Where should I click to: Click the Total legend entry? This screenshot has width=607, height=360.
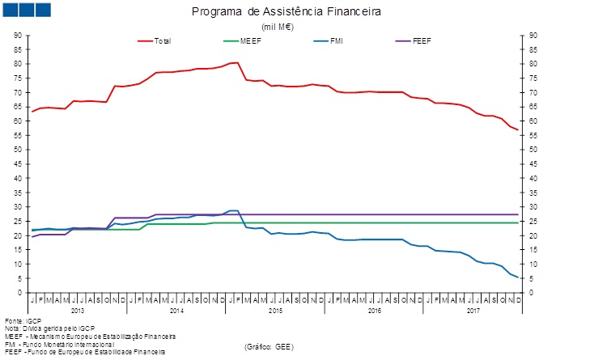pyautogui.click(x=162, y=40)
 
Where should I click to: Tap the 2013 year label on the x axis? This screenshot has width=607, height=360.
pyautogui.click(x=78, y=311)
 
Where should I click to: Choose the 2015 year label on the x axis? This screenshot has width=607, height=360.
pyautogui.click(x=275, y=311)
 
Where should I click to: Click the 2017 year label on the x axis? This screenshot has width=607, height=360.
pyautogui.click(x=473, y=311)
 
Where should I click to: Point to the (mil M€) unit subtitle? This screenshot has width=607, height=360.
pyautogui.click(x=277, y=27)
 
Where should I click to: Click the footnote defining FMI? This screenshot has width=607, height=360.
pyautogui.click(x=59, y=344)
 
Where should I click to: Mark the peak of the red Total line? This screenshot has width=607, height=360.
pyautogui.click(x=236, y=62)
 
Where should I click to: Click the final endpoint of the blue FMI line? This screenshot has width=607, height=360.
pyautogui.click(x=517, y=277)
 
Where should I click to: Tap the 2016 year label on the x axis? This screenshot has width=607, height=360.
pyautogui.click(x=374, y=311)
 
